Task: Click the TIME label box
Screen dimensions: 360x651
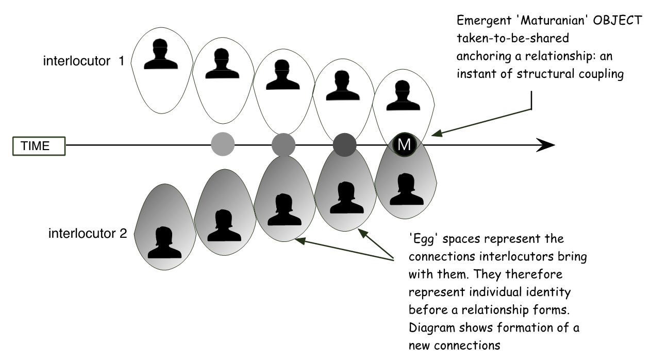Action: pyautogui.click(x=39, y=146)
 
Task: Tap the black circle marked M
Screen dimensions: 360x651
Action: pyautogui.click(x=405, y=145)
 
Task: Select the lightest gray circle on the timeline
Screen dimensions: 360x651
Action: pyautogui.click(x=223, y=144)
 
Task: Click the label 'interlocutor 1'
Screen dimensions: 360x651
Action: pyautogui.click(x=84, y=61)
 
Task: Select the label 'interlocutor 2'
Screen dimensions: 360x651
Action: pyautogui.click(x=87, y=233)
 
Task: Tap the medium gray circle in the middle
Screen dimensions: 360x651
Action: pyautogui.click(x=283, y=144)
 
